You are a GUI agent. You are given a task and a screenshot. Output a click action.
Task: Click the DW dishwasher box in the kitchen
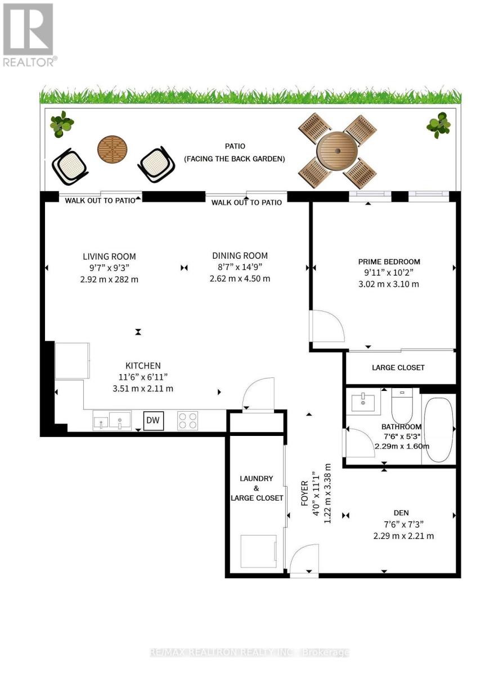coord(154,420)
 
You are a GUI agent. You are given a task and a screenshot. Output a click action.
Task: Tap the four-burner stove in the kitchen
coord(187,421)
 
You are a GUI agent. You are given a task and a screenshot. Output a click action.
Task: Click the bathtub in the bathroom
coord(438,430)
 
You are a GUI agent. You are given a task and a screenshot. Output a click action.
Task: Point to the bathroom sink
coord(363,402)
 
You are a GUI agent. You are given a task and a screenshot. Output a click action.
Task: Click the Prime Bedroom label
coord(389,262)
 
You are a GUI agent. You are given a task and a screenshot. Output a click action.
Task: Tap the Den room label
coord(401,513)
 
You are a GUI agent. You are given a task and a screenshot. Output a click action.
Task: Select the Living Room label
coord(109,256)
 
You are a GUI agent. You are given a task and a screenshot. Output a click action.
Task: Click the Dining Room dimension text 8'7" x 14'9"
coord(240,267)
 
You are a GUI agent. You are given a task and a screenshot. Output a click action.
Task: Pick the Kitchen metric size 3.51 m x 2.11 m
coord(143,389)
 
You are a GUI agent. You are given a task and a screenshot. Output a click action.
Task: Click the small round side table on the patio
coord(112,150)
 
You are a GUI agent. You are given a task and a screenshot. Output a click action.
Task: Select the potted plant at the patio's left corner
coord(62,124)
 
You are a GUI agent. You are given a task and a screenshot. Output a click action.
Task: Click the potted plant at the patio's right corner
coord(438,125)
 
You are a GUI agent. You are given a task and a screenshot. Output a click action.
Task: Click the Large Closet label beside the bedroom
coord(398,368)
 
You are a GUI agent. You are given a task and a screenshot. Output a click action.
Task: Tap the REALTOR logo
coord(29,34)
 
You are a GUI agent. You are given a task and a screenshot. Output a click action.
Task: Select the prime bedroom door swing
coord(326,326)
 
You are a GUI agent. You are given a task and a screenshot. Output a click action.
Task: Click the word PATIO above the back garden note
coord(235,146)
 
